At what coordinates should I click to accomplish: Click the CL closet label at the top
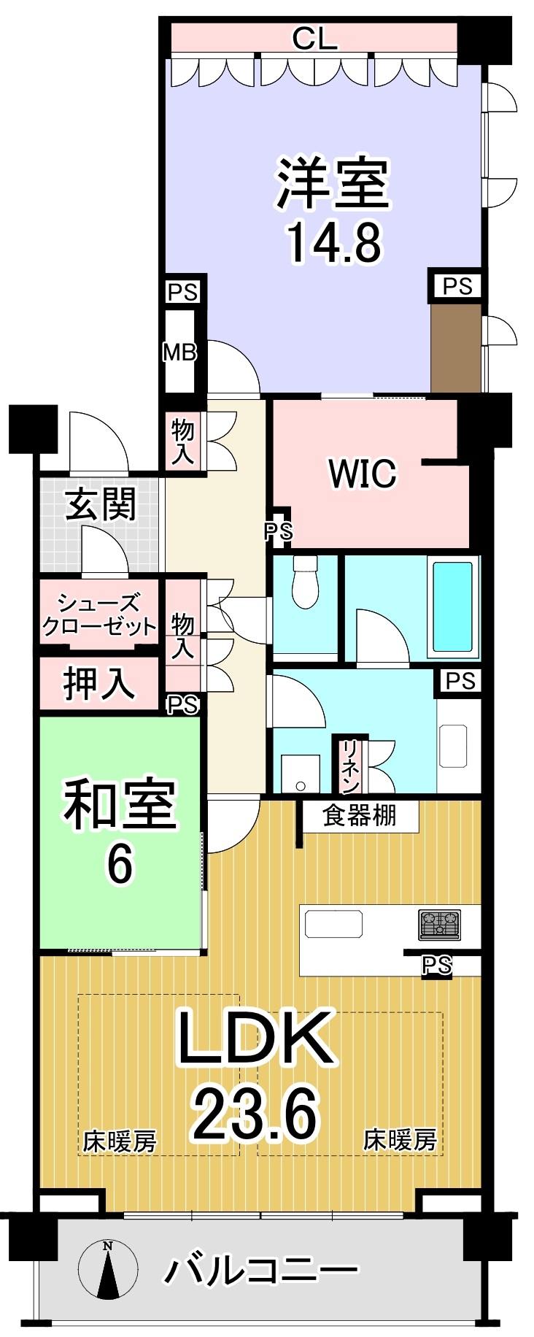(x=314, y=38)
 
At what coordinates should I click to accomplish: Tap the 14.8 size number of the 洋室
(x=333, y=242)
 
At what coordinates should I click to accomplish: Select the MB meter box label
(x=179, y=352)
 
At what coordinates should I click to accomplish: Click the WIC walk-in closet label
(x=363, y=473)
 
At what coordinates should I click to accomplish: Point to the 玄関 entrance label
(x=101, y=504)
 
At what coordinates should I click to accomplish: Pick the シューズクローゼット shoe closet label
(x=99, y=614)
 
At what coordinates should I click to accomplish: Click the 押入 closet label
(x=99, y=684)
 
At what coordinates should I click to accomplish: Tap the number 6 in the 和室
(x=120, y=864)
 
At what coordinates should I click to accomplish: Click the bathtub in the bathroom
(x=452, y=605)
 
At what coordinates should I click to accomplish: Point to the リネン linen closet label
(x=350, y=766)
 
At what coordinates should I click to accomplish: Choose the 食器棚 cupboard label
(x=360, y=815)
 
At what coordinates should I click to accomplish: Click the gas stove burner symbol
(x=439, y=924)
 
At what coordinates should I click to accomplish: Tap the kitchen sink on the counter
(x=333, y=924)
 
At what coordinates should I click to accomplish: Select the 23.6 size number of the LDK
(x=255, y=1114)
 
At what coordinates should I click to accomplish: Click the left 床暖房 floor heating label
(x=120, y=1141)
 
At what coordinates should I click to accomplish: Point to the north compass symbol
(x=108, y=1270)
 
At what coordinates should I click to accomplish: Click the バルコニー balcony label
(x=260, y=1271)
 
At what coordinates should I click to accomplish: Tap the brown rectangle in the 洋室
(x=456, y=348)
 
